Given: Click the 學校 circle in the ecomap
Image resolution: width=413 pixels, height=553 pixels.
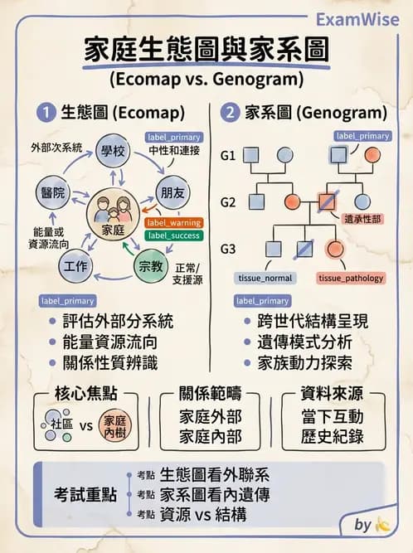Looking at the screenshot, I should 112,151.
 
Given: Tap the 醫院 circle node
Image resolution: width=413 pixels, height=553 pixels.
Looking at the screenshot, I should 51,192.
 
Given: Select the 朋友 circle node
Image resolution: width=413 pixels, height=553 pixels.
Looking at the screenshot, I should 171,192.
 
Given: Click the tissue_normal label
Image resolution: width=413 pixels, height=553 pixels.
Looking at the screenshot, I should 265,278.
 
